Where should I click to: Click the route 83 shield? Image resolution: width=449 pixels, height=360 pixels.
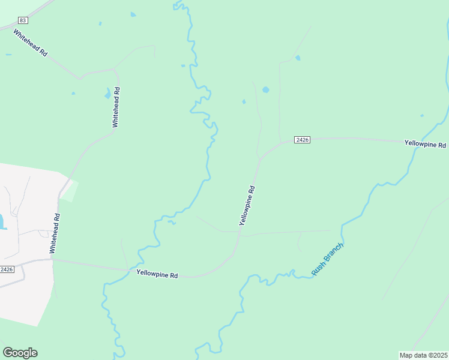click(x=23, y=20)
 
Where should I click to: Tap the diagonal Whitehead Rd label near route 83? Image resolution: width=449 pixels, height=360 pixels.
click(x=30, y=43)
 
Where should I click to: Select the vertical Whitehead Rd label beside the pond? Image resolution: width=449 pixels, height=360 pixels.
click(x=116, y=107)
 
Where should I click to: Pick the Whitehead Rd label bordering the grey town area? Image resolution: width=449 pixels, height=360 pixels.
click(x=55, y=233)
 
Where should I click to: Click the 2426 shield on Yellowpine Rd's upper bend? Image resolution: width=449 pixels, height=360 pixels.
click(x=302, y=140)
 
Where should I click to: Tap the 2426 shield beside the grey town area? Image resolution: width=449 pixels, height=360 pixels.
click(x=7, y=269)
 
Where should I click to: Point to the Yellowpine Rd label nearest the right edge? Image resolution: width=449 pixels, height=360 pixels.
click(x=425, y=145)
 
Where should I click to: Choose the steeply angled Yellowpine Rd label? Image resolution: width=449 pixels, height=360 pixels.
click(x=247, y=205)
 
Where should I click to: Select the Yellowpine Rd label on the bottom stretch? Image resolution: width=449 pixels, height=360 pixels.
click(x=157, y=274)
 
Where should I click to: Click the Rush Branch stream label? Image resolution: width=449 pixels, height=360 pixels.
click(x=327, y=260)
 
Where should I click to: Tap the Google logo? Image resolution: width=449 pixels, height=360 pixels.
click(x=20, y=353)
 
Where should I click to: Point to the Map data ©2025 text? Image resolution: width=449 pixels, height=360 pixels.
click(x=423, y=355)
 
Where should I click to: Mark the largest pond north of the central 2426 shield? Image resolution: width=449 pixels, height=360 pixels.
click(x=265, y=90)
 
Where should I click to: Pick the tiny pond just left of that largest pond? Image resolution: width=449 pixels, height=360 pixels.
click(x=244, y=101)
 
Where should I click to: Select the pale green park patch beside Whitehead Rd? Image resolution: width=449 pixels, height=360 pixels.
click(x=69, y=191)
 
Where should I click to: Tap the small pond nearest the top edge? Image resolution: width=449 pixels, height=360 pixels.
click(x=133, y=14)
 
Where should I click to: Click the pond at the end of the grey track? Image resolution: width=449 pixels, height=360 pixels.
click(x=297, y=58)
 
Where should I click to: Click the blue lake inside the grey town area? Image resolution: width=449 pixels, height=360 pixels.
click(x=2, y=222)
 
